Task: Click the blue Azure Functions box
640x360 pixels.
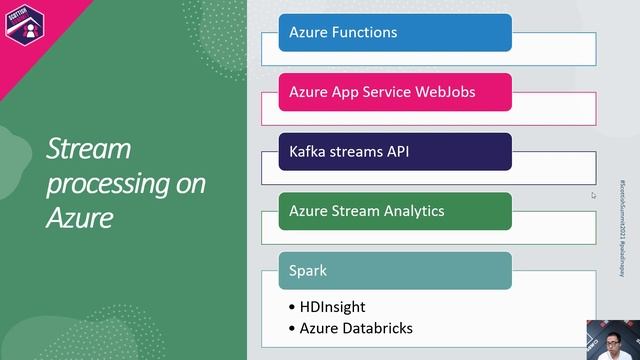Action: [x=395, y=32]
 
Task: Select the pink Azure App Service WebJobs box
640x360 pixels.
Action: [x=395, y=92]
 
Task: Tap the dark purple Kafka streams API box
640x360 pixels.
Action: [x=395, y=152]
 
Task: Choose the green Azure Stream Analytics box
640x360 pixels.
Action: [x=395, y=211]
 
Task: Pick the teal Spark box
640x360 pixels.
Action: [x=395, y=270]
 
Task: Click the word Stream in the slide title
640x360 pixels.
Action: [x=89, y=150]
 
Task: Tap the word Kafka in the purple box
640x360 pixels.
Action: [x=309, y=152]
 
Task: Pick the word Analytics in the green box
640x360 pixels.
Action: [x=415, y=211]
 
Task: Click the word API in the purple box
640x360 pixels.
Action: [x=397, y=152]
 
